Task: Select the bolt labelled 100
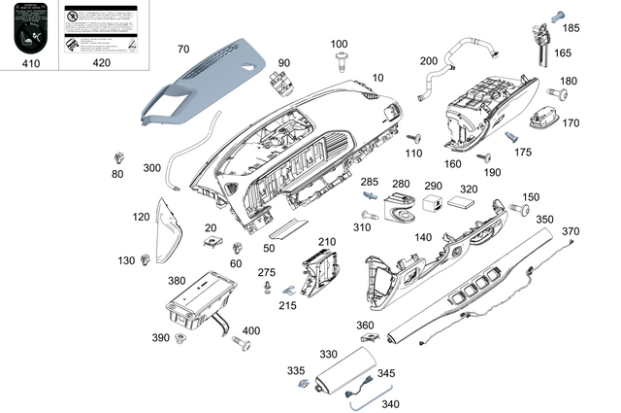click(x=340, y=62)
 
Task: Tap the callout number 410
click(x=30, y=64)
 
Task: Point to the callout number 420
click(x=102, y=64)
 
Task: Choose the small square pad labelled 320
click(x=462, y=205)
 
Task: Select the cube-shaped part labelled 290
click(x=433, y=203)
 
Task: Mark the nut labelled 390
click(x=180, y=338)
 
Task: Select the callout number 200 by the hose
click(x=429, y=61)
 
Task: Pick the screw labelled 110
click(x=410, y=138)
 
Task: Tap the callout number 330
click(x=328, y=355)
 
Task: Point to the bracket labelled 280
click(x=399, y=205)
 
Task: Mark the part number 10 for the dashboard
click(x=377, y=77)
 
